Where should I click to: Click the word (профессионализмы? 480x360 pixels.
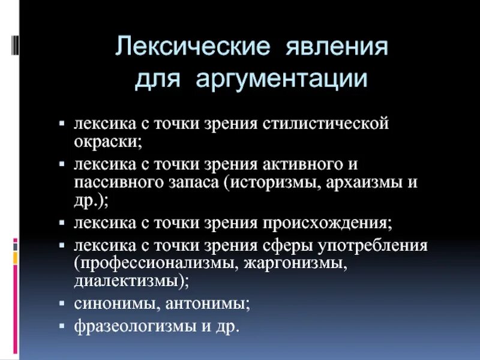(155, 263)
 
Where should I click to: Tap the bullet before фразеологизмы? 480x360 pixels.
(62, 326)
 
